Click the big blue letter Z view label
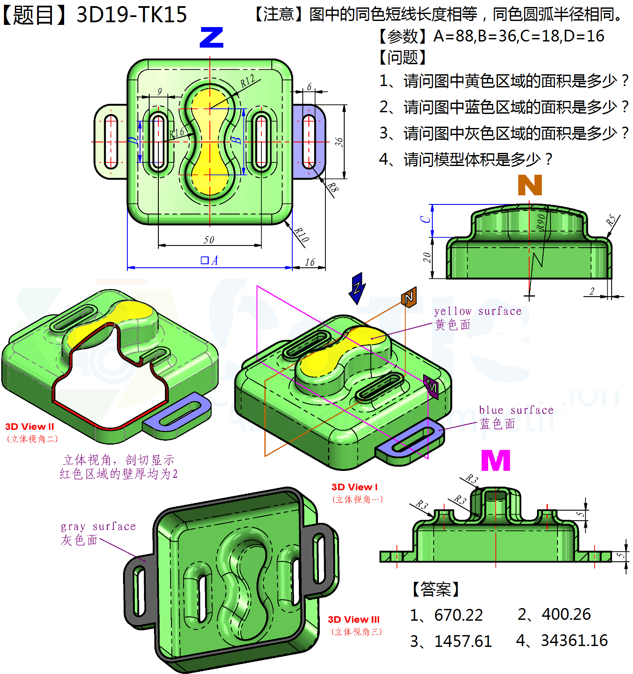[211, 38]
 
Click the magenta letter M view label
[496, 460]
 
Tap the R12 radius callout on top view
[248, 81]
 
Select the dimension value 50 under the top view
[209, 240]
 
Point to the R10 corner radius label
[301, 235]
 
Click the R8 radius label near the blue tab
[333, 188]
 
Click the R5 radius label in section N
[611, 220]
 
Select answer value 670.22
[458, 615]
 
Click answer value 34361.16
[574, 640]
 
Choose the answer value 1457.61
[462, 641]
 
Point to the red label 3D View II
[30, 427]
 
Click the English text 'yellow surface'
[478, 311]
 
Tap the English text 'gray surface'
[98, 526]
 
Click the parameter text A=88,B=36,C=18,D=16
[519, 36]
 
